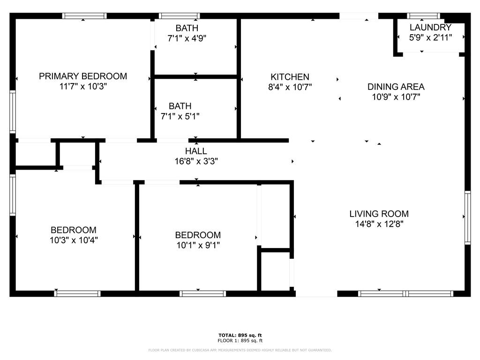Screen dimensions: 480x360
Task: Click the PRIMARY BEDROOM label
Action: (83, 76)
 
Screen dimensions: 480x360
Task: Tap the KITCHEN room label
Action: (290, 77)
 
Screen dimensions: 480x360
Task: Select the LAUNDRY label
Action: (430, 27)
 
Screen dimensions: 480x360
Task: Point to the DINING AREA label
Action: (396, 87)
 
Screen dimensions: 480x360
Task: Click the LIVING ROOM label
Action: (379, 214)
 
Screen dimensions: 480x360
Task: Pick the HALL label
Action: (196, 151)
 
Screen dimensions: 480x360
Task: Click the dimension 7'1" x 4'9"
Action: (187, 38)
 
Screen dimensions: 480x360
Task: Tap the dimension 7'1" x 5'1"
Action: (180, 116)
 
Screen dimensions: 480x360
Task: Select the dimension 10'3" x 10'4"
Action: (74, 240)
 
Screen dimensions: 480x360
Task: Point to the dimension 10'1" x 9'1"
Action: (198, 245)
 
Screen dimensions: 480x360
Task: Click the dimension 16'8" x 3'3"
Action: (196, 161)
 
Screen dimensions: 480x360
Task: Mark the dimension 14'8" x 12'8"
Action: (379, 224)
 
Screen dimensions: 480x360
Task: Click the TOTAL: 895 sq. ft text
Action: (240, 335)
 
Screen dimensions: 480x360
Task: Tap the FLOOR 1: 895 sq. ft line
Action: (240, 340)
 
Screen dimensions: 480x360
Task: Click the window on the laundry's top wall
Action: (423, 16)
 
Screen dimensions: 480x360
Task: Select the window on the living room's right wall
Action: (467, 217)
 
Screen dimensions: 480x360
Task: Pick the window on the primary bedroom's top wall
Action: (84, 16)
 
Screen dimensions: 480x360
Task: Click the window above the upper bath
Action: (180, 16)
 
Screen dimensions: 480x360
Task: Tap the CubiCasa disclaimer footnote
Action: (240, 350)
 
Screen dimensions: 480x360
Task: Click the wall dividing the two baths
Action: (196, 76)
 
